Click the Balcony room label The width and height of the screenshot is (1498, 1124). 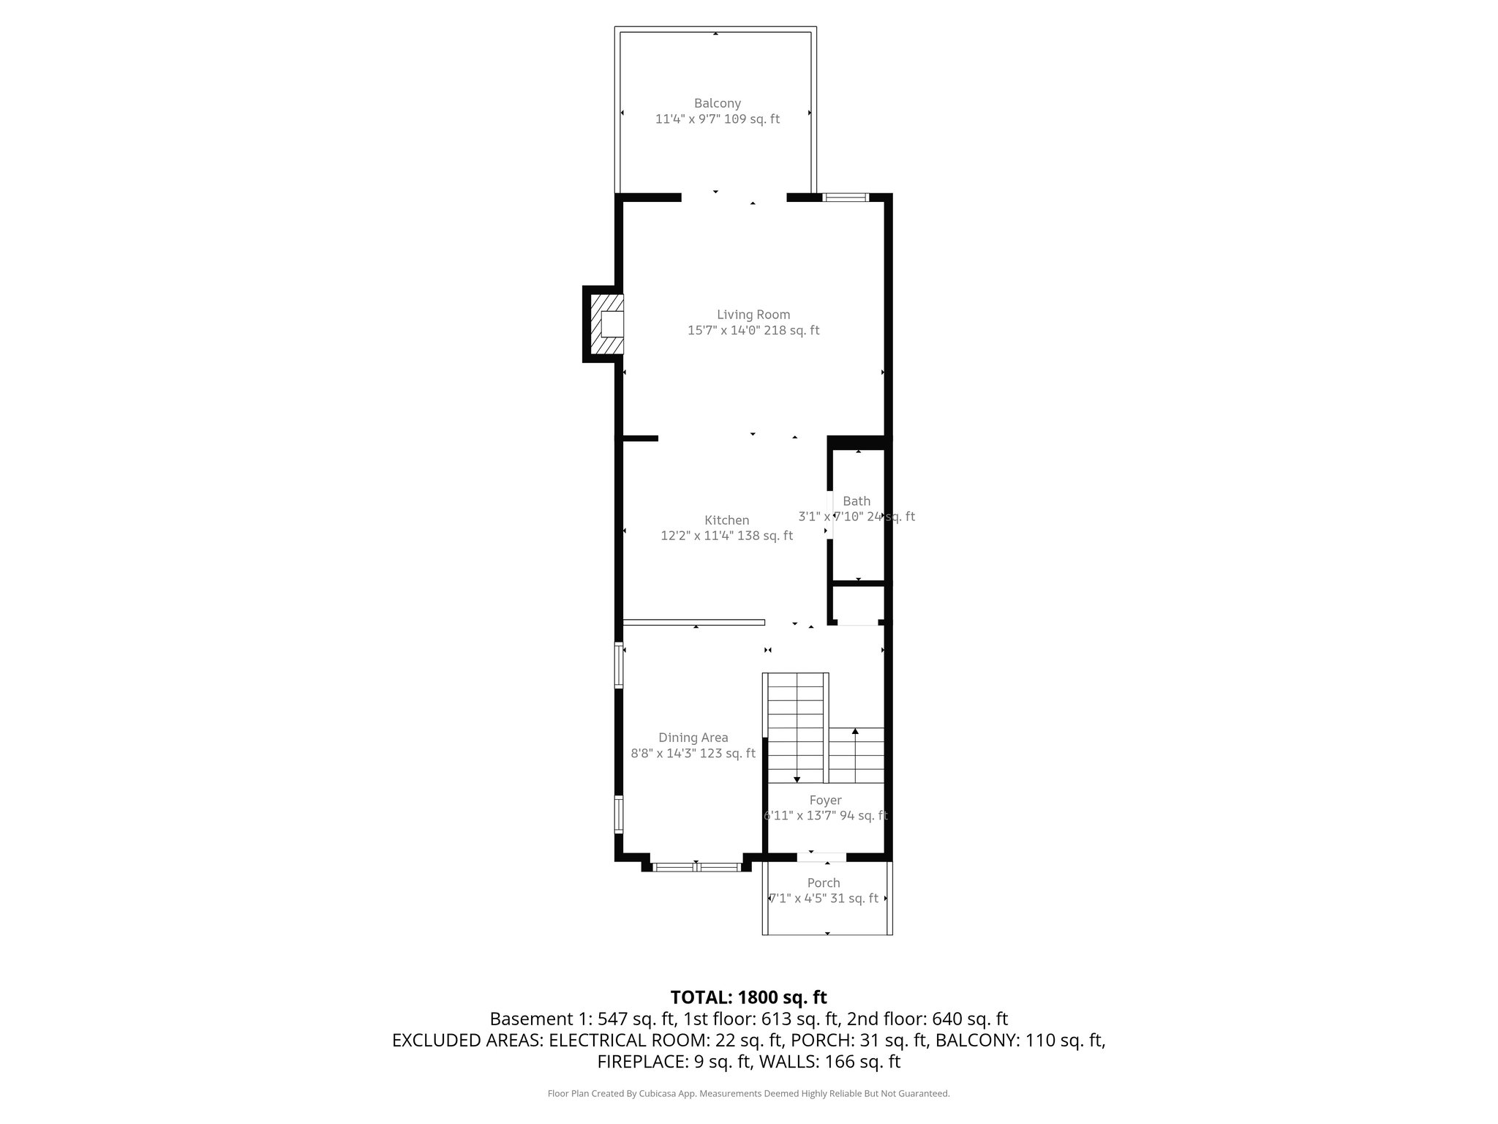coord(717,103)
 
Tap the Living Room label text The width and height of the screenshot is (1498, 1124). coord(753,315)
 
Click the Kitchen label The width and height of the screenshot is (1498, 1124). coord(726,520)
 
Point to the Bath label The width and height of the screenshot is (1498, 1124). coord(856,501)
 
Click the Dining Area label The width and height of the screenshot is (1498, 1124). coord(693,738)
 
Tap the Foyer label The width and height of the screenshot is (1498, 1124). coord(825,801)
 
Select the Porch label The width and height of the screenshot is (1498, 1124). coord(823,883)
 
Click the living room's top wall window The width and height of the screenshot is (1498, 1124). coord(845,197)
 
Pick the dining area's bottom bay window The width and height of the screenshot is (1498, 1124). coord(696,868)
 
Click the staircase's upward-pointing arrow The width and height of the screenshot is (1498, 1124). coord(855,732)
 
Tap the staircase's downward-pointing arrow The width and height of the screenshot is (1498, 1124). coord(797,780)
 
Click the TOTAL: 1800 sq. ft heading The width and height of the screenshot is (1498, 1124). coord(748,997)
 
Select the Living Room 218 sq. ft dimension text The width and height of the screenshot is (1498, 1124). coord(753,331)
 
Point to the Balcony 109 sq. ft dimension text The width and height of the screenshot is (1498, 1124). coord(717,119)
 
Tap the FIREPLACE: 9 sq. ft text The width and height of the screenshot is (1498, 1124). coord(674,1062)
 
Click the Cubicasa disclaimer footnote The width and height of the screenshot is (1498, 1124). coord(748,1094)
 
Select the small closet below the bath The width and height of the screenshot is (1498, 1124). coord(859,604)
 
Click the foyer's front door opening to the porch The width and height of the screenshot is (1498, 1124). coord(822,856)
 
